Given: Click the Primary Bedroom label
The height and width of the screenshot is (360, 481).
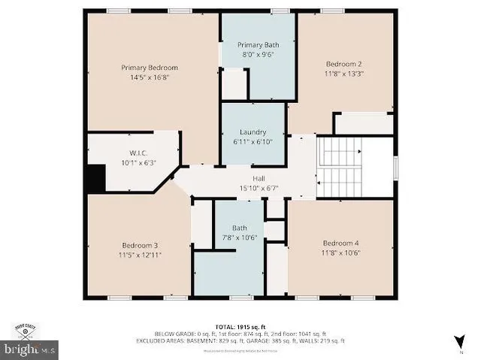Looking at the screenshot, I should (x=150, y=68).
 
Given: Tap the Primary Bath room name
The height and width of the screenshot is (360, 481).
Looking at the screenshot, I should (x=258, y=45).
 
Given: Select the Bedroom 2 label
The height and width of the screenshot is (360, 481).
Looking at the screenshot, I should (x=343, y=64).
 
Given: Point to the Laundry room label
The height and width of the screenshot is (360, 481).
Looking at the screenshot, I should (x=253, y=132).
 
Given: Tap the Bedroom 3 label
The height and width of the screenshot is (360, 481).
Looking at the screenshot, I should (x=141, y=244).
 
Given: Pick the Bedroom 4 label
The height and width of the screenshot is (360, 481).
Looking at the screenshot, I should (x=341, y=243).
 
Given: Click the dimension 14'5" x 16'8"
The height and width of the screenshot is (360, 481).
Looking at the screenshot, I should (x=150, y=77).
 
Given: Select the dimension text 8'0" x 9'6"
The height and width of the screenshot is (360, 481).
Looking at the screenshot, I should (x=258, y=54).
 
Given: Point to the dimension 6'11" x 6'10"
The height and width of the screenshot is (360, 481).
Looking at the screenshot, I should (x=253, y=141).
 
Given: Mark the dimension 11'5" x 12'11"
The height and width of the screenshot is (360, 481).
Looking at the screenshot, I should (x=141, y=254).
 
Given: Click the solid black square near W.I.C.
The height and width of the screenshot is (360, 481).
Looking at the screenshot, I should (x=95, y=180).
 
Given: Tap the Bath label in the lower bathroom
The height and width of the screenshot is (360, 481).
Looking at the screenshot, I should (x=239, y=228).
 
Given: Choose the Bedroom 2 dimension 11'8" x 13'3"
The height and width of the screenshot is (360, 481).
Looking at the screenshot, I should (x=343, y=74).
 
